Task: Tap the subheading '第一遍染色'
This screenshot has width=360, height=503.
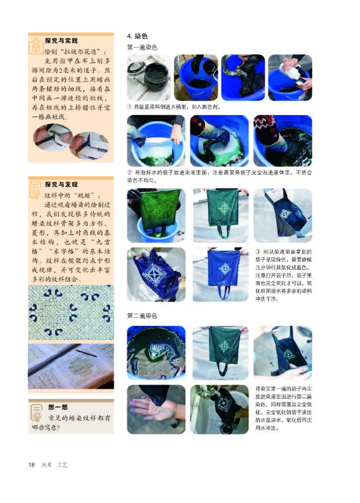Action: point(142,47)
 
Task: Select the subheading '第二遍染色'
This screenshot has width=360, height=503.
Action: point(142,317)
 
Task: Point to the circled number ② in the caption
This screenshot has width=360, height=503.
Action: point(130,172)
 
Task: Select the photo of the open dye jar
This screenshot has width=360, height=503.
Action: point(148,77)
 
